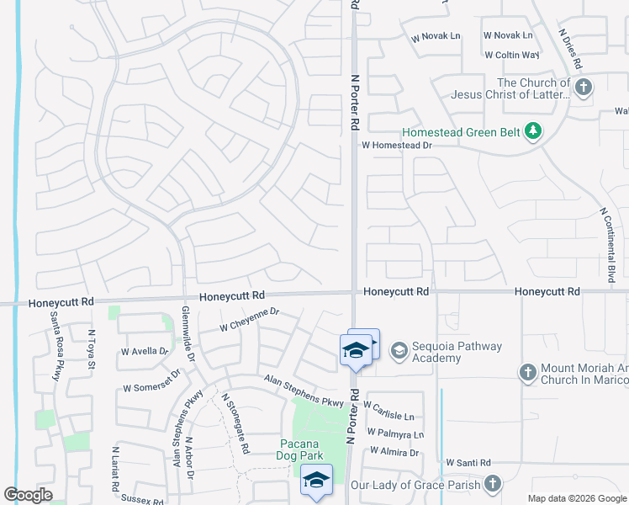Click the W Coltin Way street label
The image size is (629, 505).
511,55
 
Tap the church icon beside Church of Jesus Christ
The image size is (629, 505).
583,87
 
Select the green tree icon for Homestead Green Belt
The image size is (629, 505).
531,131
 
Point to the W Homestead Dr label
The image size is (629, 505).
396,145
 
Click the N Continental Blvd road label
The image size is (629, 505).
608,244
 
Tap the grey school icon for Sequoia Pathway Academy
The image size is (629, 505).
399,349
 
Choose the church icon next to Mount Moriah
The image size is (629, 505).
527,373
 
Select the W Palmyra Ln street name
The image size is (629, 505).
393,434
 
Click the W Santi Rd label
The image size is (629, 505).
468,463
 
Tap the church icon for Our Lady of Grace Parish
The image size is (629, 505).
492,484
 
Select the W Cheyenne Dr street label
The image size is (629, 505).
248,318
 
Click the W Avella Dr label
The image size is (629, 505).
145,351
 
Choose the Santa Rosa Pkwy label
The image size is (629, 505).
55,347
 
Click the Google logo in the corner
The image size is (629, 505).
28,495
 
